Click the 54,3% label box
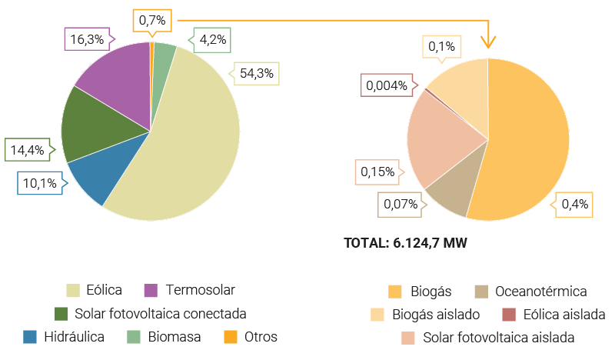pos(257,75)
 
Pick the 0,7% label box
pos(152,20)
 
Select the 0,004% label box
pos(387,85)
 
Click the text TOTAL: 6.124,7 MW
pos(406,243)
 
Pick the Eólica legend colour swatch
pos(75,290)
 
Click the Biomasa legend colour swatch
pos(134,337)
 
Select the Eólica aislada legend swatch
pos(509,314)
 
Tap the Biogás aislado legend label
pos(436,314)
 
